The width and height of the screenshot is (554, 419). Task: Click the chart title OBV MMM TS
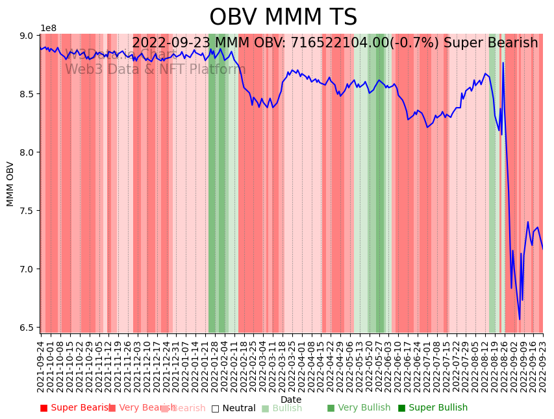[x=283, y=18]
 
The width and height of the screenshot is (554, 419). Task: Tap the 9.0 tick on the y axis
[x=27, y=36]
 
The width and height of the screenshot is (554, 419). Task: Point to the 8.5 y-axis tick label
[x=27, y=94]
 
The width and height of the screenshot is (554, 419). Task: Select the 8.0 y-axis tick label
[x=27, y=152]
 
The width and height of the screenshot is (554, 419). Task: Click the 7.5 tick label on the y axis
[x=27, y=211]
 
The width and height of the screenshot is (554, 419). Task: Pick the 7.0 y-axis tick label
[x=27, y=269]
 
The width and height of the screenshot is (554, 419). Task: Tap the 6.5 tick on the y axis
[x=27, y=328]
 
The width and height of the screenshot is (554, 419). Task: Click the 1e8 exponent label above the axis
[x=48, y=28]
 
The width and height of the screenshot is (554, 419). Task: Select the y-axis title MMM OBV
[x=10, y=184]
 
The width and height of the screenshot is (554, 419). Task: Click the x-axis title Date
[x=291, y=400]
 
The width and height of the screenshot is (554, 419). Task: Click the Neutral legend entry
[x=233, y=408]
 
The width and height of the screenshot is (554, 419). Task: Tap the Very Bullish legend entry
[x=359, y=408]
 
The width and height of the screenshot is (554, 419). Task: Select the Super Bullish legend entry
[x=433, y=408]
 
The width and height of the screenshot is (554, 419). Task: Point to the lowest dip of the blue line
[x=519, y=319]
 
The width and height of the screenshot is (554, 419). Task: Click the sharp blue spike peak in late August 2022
[x=503, y=63]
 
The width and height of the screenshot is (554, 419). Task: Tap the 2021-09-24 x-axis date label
[x=40, y=366]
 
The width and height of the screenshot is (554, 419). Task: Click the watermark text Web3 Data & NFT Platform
[x=155, y=69]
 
